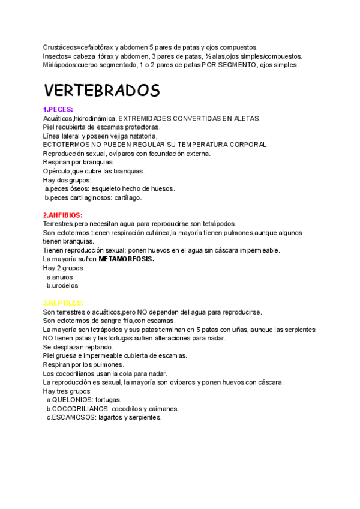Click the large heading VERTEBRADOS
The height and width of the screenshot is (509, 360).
[101, 91]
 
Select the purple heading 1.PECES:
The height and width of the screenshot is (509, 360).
[58, 109]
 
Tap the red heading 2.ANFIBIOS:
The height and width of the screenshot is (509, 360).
[62, 215]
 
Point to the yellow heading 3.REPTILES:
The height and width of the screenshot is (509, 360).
[63, 303]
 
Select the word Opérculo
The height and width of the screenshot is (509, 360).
[57, 171]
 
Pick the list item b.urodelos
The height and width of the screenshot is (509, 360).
[62, 286]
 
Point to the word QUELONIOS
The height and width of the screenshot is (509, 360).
[73, 400]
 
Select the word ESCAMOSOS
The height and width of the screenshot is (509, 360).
[74, 417]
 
